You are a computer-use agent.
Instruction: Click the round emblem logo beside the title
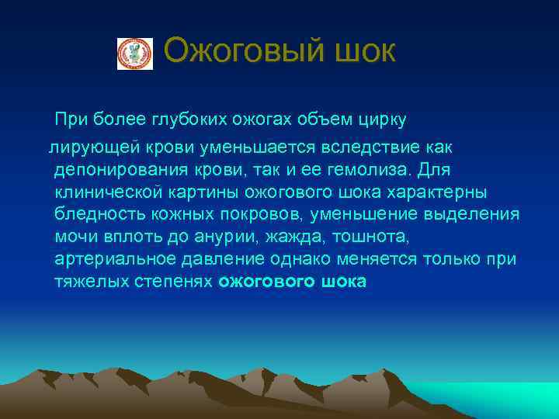tap(134, 53)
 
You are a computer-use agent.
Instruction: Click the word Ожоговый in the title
tap(237, 52)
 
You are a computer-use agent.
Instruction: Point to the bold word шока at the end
tap(341, 281)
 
